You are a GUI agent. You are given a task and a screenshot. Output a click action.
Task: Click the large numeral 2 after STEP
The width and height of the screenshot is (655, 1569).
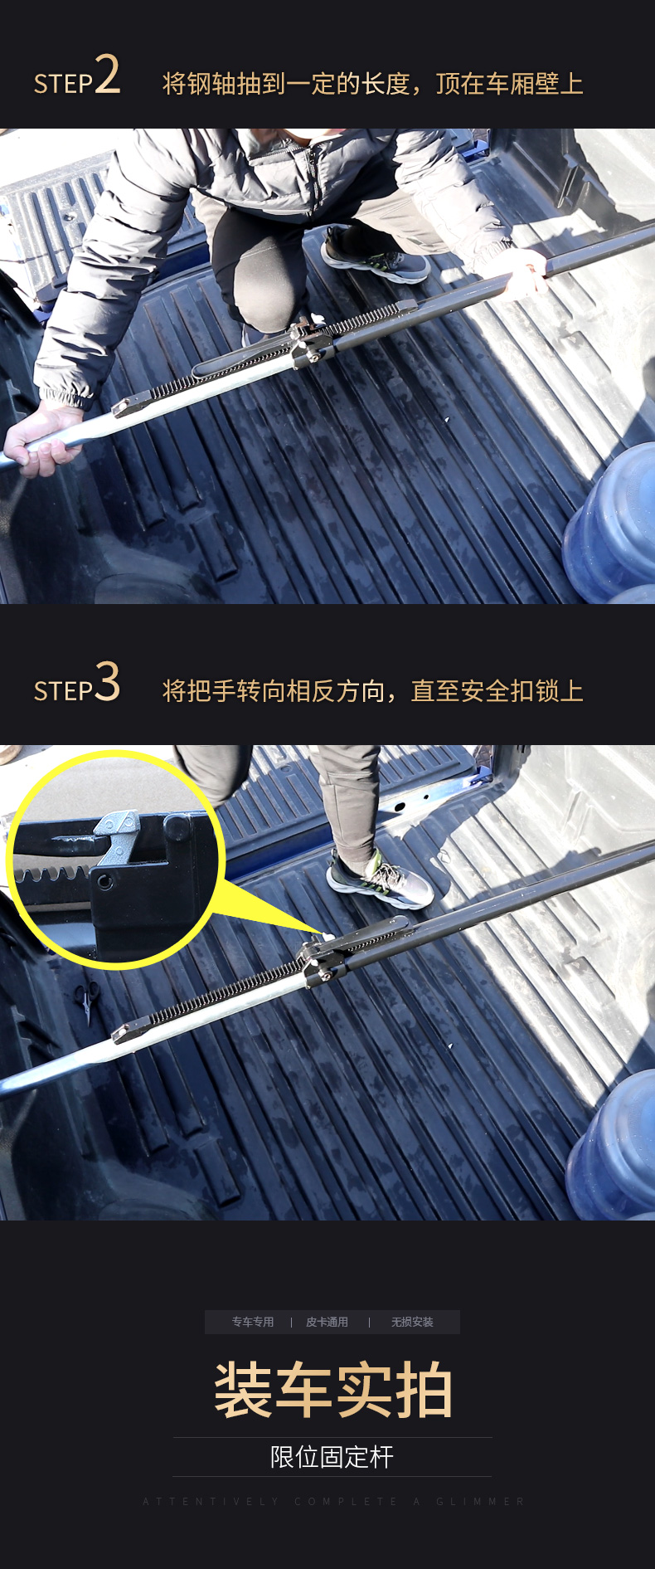tap(107, 75)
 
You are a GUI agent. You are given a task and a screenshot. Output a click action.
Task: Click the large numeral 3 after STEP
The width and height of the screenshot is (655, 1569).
tap(107, 683)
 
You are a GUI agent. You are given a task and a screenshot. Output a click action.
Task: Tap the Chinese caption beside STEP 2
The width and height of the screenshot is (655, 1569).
tap(372, 84)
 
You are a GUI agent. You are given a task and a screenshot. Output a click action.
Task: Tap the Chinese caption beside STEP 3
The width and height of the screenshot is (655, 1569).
tap(372, 691)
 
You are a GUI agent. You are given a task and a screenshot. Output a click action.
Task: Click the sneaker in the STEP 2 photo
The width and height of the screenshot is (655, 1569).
tap(376, 256)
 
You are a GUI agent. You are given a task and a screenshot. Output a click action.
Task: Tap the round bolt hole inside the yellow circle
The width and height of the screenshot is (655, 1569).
tap(104, 880)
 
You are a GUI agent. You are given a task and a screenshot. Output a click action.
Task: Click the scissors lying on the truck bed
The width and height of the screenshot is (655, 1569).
tap(86, 999)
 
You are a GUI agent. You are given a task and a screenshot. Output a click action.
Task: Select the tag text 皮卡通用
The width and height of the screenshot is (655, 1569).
tap(327, 1322)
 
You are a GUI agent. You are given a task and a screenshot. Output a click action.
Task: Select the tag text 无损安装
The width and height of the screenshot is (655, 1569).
tap(412, 1322)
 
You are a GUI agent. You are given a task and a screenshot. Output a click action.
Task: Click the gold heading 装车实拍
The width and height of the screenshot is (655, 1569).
tap(332, 1390)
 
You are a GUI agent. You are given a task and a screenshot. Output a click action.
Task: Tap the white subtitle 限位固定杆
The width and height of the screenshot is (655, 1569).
tap(332, 1457)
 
